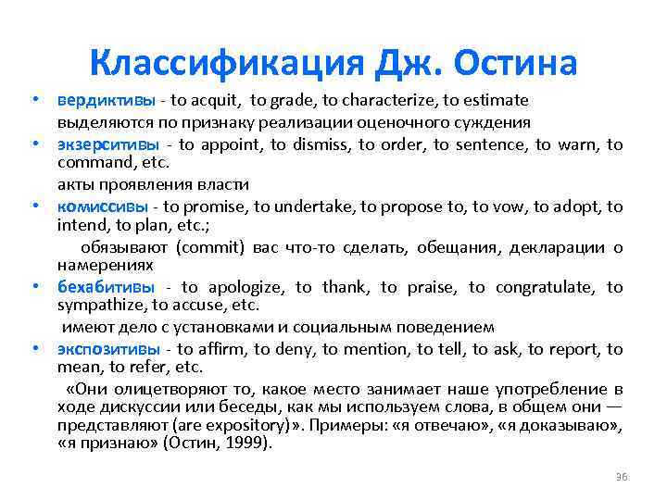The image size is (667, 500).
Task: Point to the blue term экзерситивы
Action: pyautogui.click(x=107, y=144)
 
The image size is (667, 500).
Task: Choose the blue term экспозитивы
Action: pyautogui.click(x=108, y=349)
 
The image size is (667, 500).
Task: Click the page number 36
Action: pyautogui.click(x=622, y=476)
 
